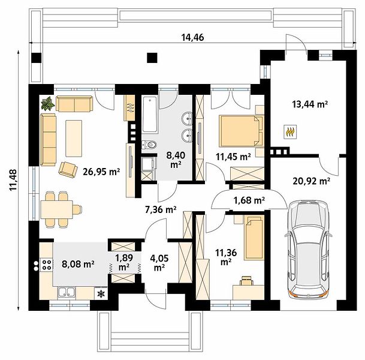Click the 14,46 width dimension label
click(x=192, y=37)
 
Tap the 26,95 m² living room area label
click(x=101, y=172)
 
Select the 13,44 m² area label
click(x=310, y=104)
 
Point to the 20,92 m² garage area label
click(x=311, y=181)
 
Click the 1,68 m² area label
click(x=249, y=200)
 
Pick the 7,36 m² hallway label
click(x=161, y=210)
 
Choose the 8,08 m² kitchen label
click(x=78, y=264)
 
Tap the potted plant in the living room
click(x=48, y=103)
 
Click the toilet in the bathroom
click(x=149, y=145)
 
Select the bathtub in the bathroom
click(x=150, y=115)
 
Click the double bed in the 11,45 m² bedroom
click(x=241, y=131)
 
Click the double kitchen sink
click(x=67, y=293)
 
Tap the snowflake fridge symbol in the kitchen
click(x=101, y=293)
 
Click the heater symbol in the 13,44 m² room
click(x=290, y=132)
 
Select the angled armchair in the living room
click(x=68, y=169)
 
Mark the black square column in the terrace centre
click(x=152, y=58)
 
